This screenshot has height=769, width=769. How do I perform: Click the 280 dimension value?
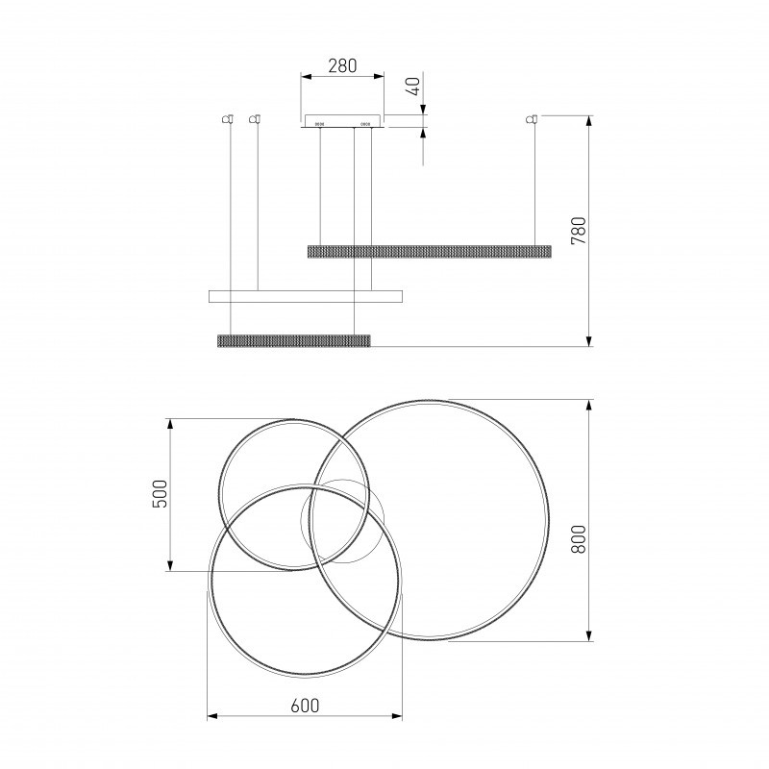pyautogui.click(x=342, y=65)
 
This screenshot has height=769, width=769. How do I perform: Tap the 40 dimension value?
pyautogui.click(x=414, y=87)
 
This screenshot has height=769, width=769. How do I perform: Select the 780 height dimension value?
pyautogui.click(x=579, y=231)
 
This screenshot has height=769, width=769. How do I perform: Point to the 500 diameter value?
pyautogui.click(x=161, y=494)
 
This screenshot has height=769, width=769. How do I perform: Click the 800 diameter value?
pyautogui.click(x=579, y=539)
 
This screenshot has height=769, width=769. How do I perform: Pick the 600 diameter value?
pyautogui.click(x=305, y=706)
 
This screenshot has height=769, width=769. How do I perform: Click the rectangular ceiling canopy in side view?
pyautogui.click(x=342, y=121)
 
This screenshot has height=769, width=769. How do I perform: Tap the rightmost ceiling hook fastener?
pyautogui.click(x=532, y=119)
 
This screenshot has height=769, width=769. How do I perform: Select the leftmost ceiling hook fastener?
pyautogui.click(x=227, y=119)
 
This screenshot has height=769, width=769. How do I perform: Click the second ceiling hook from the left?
pyautogui.click(x=255, y=119)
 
